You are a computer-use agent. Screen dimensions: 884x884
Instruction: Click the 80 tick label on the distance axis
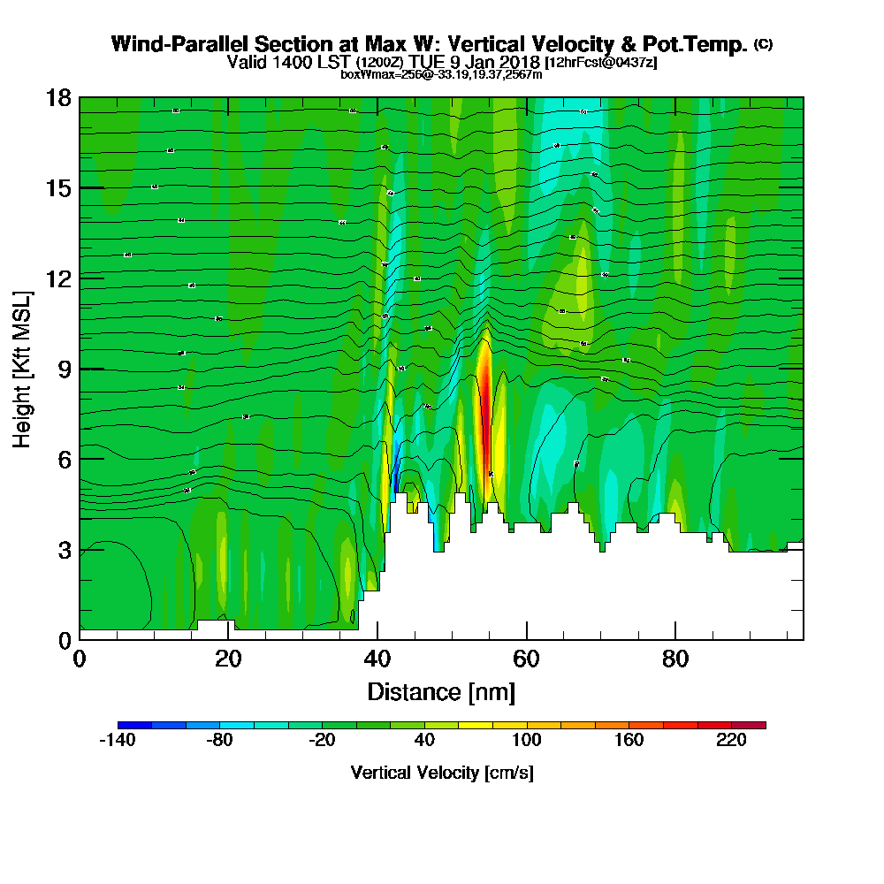[675, 659]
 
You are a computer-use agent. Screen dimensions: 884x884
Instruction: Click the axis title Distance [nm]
[441, 691]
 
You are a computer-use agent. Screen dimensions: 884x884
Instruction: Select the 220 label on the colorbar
[732, 742]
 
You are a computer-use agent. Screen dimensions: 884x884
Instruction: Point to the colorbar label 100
[527, 742]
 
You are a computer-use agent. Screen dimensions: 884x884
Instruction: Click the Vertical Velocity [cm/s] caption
[441, 773]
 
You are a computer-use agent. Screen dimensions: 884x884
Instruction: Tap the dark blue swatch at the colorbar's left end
[134, 725]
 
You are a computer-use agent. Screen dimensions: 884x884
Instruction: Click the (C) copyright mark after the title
[764, 44]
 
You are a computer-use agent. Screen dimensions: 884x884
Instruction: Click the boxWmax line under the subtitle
[441, 74]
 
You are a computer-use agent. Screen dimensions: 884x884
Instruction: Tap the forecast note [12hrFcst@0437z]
[601, 63]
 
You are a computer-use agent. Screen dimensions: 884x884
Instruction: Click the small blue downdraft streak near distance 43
[397, 464]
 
